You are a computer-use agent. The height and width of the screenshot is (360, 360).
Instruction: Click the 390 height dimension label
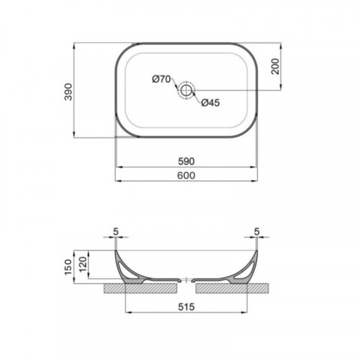click(x=68, y=91)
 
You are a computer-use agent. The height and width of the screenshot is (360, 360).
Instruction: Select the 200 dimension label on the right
click(x=276, y=66)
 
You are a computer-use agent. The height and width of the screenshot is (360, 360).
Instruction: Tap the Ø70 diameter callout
click(x=161, y=79)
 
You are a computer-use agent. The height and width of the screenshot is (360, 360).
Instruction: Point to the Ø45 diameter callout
click(x=210, y=103)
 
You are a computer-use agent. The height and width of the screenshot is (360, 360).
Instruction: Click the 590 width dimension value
click(x=186, y=161)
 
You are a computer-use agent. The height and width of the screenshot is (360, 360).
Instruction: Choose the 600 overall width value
click(x=186, y=176)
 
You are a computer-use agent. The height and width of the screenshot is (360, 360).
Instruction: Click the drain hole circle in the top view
click(x=186, y=90)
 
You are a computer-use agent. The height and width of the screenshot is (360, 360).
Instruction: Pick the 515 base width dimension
click(x=186, y=307)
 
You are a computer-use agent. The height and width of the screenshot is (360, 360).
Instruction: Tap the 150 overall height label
click(x=68, y=267)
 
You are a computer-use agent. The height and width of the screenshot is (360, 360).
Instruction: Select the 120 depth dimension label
click(x=83, y=264)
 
